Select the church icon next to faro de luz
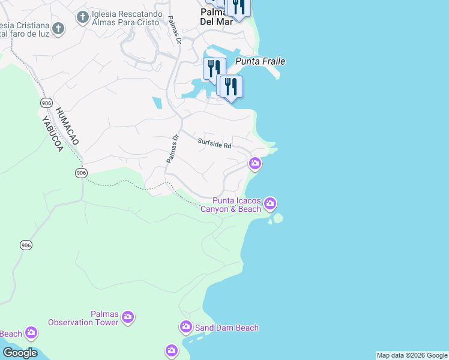click(58, 28)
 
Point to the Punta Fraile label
click(260, 61)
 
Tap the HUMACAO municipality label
click(66, 126)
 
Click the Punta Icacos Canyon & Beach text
click(237, 205)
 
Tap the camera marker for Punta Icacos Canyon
click(270, 204)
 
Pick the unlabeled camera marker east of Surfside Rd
click(255, 163)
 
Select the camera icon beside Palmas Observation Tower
click(127, 317)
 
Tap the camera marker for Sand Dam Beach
click(185, 327)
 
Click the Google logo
click(19, 353)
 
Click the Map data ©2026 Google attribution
click(412, 355)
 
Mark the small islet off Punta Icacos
click(277, 218)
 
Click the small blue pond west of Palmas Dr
click(157, 103)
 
